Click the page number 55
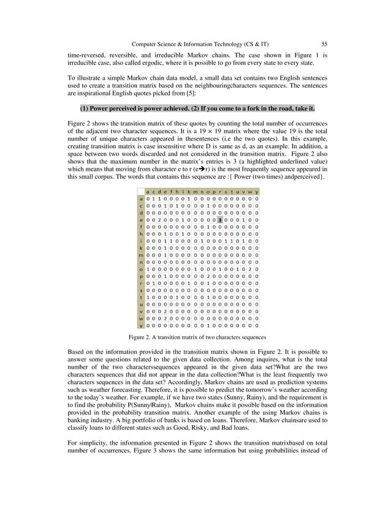click(x=324, y=43)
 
